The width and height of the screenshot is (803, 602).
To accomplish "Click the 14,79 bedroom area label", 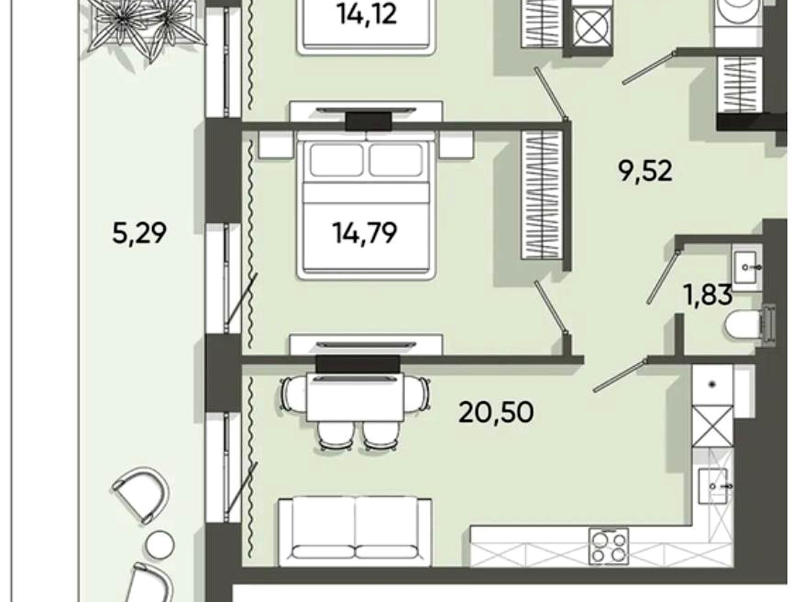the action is pyautogui.click(x=365, y=233).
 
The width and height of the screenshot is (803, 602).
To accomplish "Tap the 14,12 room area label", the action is pyautogui.click(x=367, y=15).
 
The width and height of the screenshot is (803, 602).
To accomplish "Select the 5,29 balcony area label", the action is pyautogui.click(x=139, y=233).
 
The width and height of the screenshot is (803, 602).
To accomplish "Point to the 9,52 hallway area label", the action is pyautogui.click(x=645, y=171).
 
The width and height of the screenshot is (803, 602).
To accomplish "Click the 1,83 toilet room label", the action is pyautogui.click(x=708, y=294).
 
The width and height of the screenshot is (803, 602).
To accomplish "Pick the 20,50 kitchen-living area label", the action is pyautogui.click(x=496, y=412).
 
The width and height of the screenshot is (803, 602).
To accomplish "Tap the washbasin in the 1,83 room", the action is pyautogui.click(x=747, y=268).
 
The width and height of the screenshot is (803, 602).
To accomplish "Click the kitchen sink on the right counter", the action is pyautogui.click(x=713, y=486).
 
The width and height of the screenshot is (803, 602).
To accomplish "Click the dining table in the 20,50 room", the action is pyautogui.click(x=355, y=397).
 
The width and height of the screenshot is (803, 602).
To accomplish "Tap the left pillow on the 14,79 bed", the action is pyautogui.click(x=336, y=160).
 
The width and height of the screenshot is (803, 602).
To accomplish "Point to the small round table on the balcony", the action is pyautogui.click(x=160, y=545).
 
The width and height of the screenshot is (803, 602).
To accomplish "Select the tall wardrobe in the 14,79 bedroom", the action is pyautogui.click(x=542, y=194).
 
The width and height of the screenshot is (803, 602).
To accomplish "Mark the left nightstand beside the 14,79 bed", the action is pyautogui.click(x=276, y=145).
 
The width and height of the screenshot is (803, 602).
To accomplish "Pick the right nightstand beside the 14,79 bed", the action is pyautogui.click(x=456, y=145).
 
